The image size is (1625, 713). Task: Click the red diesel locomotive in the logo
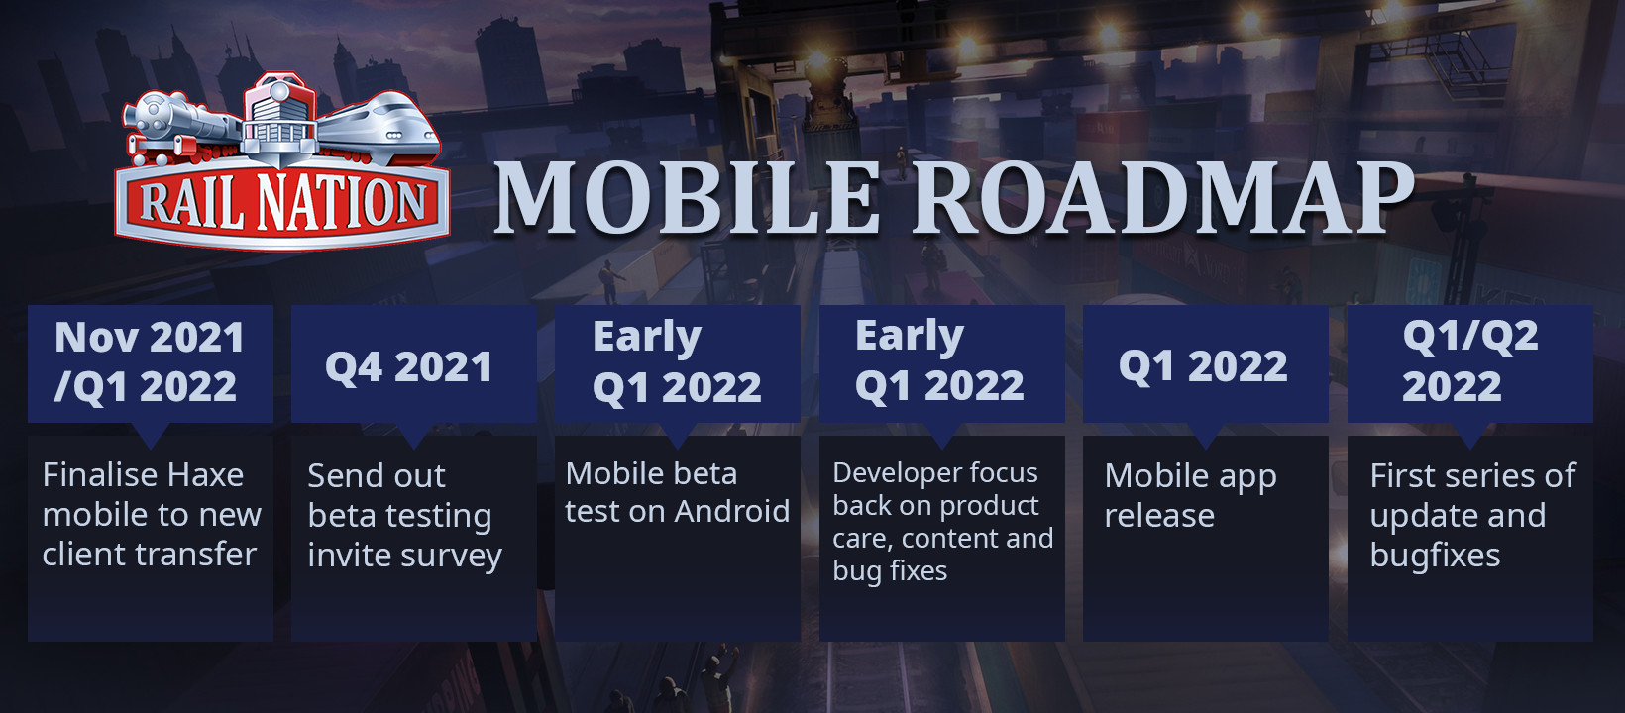point(280,116)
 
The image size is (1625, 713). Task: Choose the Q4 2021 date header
point(408,366)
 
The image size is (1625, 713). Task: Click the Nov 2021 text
point(150,338)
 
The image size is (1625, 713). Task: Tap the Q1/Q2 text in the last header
point(1469,336)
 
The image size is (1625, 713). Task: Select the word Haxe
point(204,475)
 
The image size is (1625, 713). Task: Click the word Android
point(731,511)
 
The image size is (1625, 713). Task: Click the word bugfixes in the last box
point(1435,557)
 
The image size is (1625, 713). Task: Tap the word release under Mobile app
point(1159,516)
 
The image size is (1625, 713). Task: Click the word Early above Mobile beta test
point(646,338)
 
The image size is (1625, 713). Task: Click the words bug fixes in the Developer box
point(890,571)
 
